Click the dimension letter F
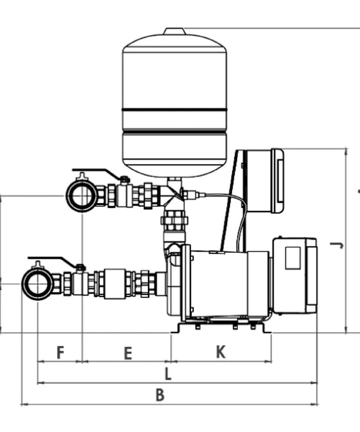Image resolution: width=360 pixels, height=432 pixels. [x=60, y=352]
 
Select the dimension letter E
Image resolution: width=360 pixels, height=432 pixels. [x=128, y=353]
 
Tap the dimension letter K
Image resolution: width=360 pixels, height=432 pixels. [x=220, y=352]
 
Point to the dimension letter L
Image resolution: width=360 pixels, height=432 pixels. [x=168, y=374]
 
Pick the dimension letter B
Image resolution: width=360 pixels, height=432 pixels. [x=160, y=395]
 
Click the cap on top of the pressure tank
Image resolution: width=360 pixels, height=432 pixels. [x=175, y=31]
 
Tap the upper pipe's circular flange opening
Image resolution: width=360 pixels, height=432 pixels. [x=81, y=195]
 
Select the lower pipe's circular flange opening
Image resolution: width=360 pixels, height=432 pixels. [x=37, y=284]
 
